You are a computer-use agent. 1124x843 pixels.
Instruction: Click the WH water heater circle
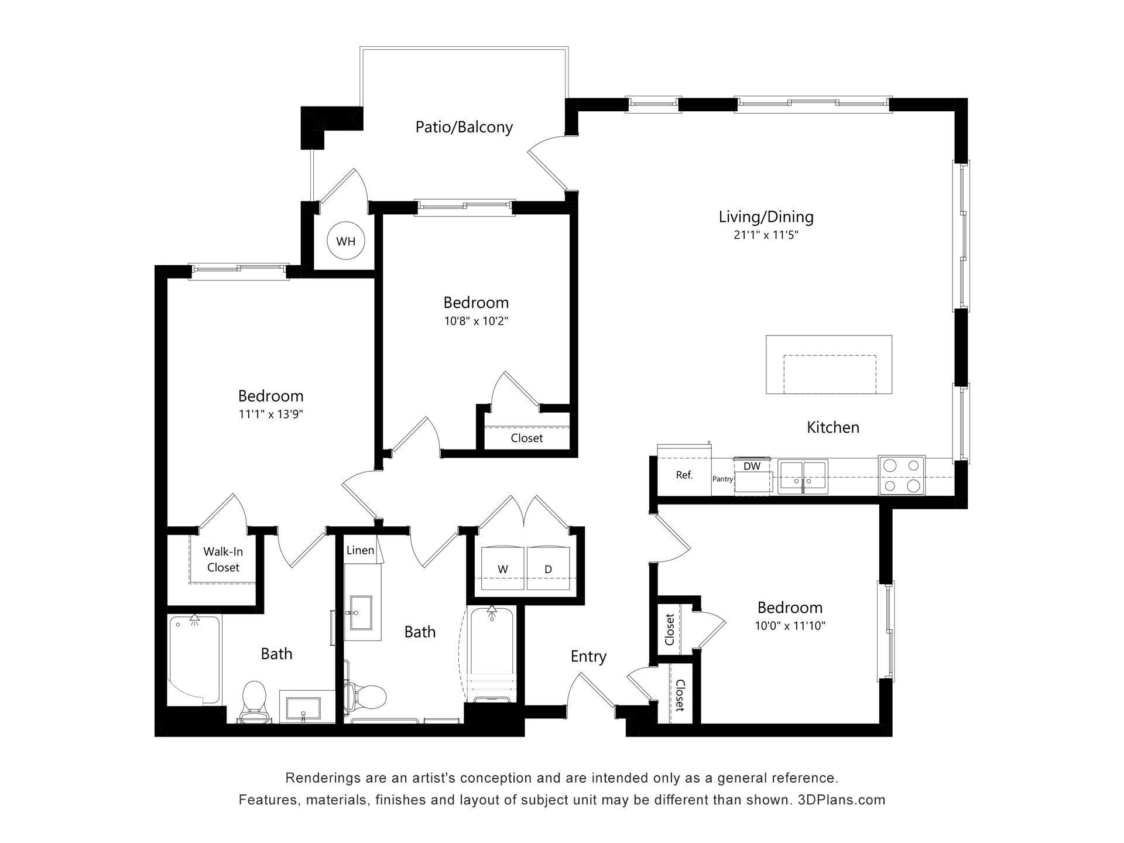[346, 241]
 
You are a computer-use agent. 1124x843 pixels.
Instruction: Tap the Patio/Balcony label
[464, 127]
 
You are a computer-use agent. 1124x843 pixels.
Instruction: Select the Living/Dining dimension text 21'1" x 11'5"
[766, 235]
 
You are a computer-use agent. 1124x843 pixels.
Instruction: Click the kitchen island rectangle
[829, 364]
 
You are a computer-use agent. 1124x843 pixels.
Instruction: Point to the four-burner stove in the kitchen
[902, 475]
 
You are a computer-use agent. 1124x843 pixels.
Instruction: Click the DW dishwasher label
[752, 466]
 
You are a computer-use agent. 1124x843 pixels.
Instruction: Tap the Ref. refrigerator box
[684, 475]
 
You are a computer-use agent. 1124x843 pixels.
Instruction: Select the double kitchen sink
[802, 475]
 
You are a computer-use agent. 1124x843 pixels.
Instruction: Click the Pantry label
[723, 479]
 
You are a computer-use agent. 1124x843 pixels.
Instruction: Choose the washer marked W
[502, 568]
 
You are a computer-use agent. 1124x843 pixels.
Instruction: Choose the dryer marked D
[548, 568]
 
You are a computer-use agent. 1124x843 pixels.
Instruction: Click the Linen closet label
[360, 550]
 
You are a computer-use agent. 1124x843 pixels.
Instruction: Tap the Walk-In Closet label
[223, 559]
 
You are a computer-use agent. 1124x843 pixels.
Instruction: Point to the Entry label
[588, 656]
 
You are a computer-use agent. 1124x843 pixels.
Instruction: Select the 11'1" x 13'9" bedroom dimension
[270, 414]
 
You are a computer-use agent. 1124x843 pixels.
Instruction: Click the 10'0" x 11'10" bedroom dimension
[790, 626]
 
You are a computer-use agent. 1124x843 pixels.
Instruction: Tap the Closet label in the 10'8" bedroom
[526, 438]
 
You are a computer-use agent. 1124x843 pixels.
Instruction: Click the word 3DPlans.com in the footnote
[841, 800]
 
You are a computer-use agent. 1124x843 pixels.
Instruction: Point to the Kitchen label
[832, 427]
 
